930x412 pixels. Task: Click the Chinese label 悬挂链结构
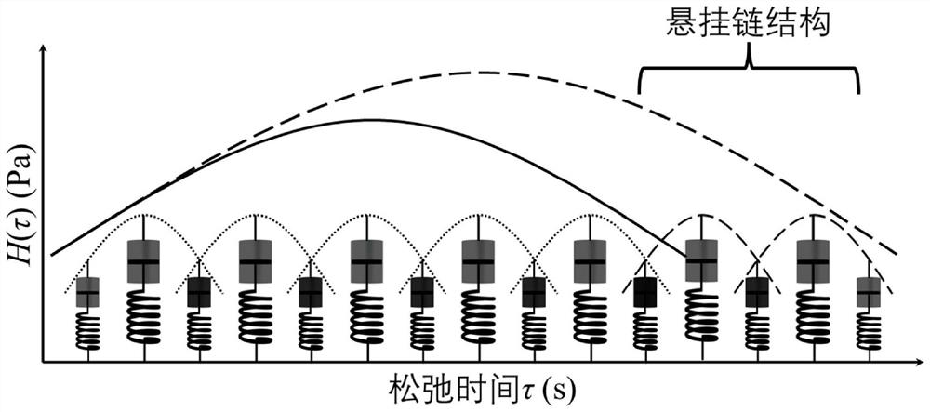point(751,23)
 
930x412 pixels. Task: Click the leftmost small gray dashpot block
point(87,293)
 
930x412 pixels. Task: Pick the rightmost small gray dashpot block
point(869,293)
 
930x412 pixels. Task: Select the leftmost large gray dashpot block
point(144,261)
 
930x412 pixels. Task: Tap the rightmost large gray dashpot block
point(814,261)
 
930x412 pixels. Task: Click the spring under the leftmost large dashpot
point(144,316)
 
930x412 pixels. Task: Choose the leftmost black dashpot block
point(199,293)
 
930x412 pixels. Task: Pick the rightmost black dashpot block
point(758,293)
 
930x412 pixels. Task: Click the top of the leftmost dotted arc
point(144,216)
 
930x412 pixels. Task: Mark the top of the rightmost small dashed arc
point(814,215)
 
